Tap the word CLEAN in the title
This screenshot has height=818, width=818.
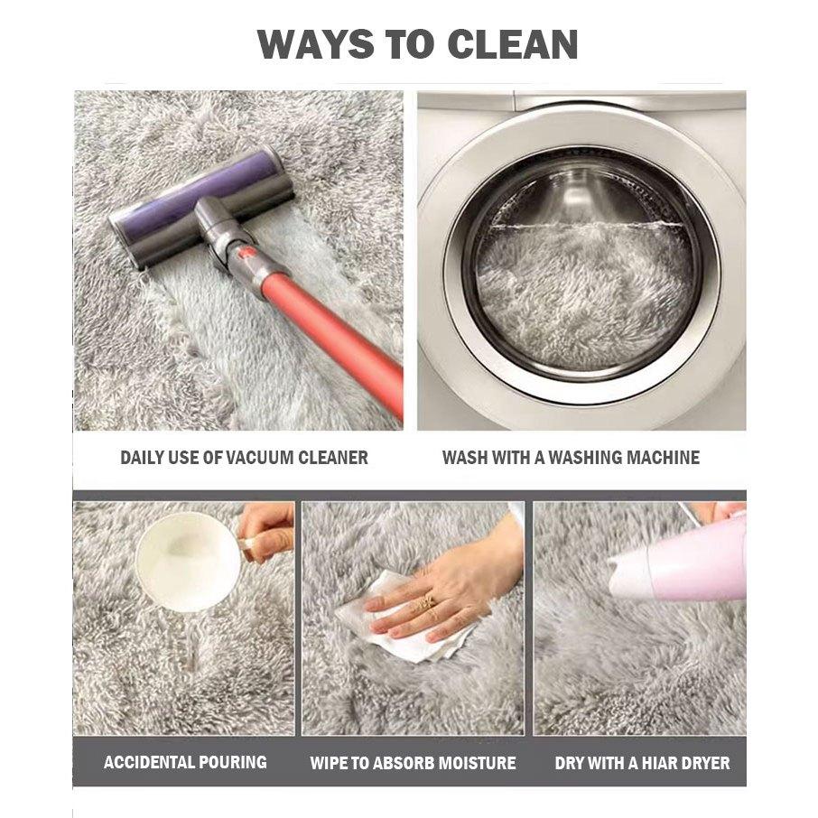pos(513,44)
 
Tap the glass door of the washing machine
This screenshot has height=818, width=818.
pos(582,266)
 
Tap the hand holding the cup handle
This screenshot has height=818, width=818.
pos(265,531)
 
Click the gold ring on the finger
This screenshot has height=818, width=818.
pos(425,602)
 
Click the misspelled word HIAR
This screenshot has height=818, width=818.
pos(658,763)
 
